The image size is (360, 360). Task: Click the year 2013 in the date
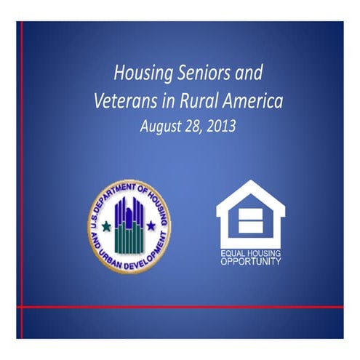pyautogui.click(x=220, y=125)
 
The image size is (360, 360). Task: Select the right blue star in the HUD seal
pyautogui.click(x=151, y=225)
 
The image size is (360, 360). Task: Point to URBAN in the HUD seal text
pyautogui.click(x=112, y=255)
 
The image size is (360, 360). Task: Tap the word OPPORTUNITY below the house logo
pyautogui.click(x=249, y=261)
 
